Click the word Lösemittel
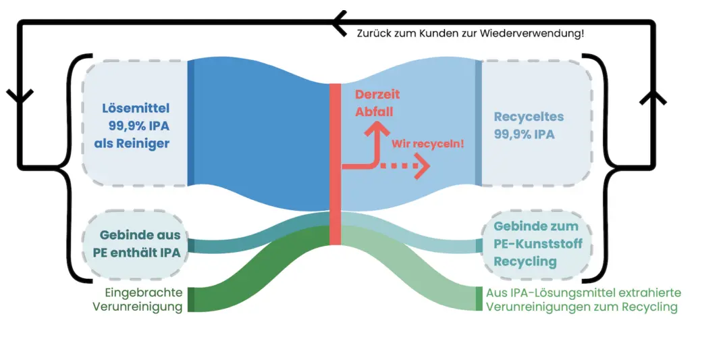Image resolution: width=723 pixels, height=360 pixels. (136, 108)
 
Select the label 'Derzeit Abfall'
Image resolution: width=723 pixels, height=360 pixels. (374, 103)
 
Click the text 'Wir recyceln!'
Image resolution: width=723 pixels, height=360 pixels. (428, 143)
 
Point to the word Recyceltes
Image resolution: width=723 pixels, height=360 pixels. (529, 117)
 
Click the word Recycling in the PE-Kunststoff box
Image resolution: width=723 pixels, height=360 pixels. (525, 261)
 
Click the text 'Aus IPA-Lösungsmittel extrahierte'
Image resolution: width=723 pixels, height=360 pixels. (583, 293)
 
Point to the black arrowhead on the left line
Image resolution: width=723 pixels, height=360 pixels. (20, 96)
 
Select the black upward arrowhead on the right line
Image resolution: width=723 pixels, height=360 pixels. (652, 97)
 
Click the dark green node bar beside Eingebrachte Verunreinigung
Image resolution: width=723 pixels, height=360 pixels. (191, 299)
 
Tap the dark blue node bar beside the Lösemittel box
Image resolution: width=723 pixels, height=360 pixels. (191, 122)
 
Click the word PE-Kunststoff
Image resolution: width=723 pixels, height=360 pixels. (537, 244)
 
